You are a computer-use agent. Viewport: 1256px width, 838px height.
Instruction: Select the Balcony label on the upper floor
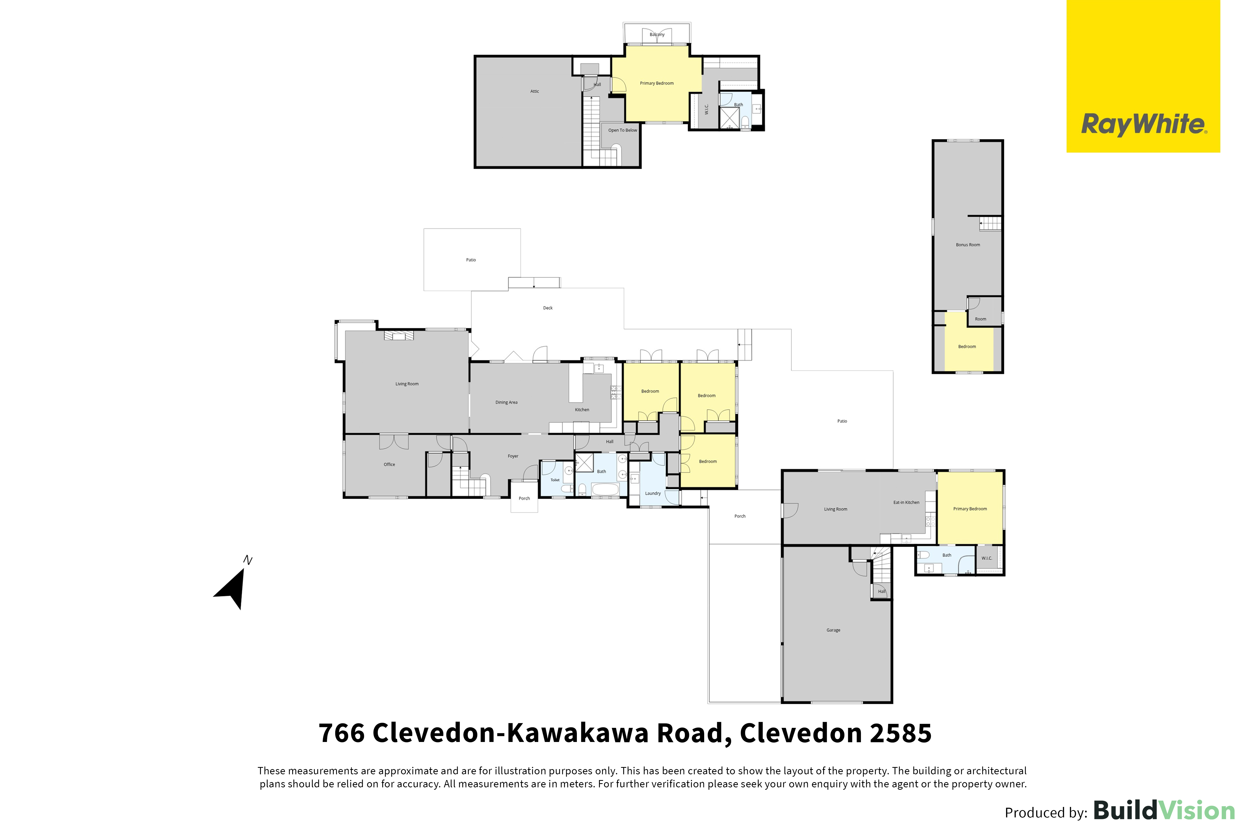pos(657,35)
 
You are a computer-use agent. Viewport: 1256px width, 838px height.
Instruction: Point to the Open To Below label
pos(622,130)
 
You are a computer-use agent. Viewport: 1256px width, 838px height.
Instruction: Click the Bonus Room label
pos(968,245)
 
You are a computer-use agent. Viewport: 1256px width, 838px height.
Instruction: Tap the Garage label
pos(833,630)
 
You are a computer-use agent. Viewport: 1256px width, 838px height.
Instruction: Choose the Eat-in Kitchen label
pos(907,502)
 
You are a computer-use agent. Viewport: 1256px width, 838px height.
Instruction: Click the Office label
pos(390,465)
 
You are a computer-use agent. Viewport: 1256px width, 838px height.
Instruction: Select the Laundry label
pos(653,493)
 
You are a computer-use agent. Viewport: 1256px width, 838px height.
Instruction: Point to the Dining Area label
pos(506,402)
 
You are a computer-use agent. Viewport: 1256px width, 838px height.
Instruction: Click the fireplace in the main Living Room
pos(399,336)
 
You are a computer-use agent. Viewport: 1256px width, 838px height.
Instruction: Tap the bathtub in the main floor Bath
pos(605,489)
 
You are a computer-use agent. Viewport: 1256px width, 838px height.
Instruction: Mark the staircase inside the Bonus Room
pos(990,223)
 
